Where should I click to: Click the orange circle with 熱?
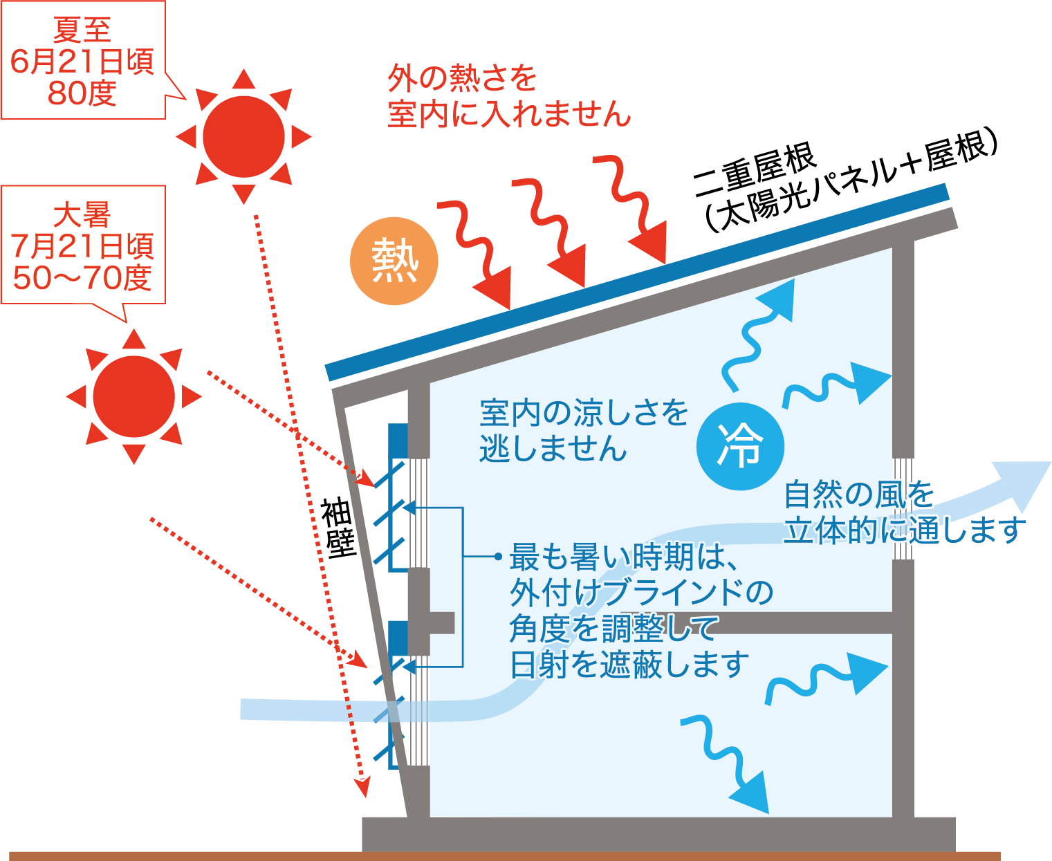click(x=394, y=261)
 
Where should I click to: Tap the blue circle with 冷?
click(x=740, y=446)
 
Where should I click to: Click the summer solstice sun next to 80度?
click(x=243, y=137)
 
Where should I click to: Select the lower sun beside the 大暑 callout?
click(x=134, y=397)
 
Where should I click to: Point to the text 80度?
click(x=82, y=93)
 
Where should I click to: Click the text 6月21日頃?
click(x=82, y=62)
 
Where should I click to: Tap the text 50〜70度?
click(x=82, y=278)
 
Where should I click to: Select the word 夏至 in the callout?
click(x=82, y=30)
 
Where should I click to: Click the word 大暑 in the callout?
click(x=82, y=215)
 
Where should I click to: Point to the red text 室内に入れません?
click(x=509, y=114)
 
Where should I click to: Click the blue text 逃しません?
click(x=553, y=449)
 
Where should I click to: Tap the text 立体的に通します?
click(x=905, y=530)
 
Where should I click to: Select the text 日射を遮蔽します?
click(x=629, y=665)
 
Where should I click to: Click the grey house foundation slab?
click(x=657, y=834)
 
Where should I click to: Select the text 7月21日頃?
click(x=82, y=247)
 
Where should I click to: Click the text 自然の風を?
click(x=859, y=495)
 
